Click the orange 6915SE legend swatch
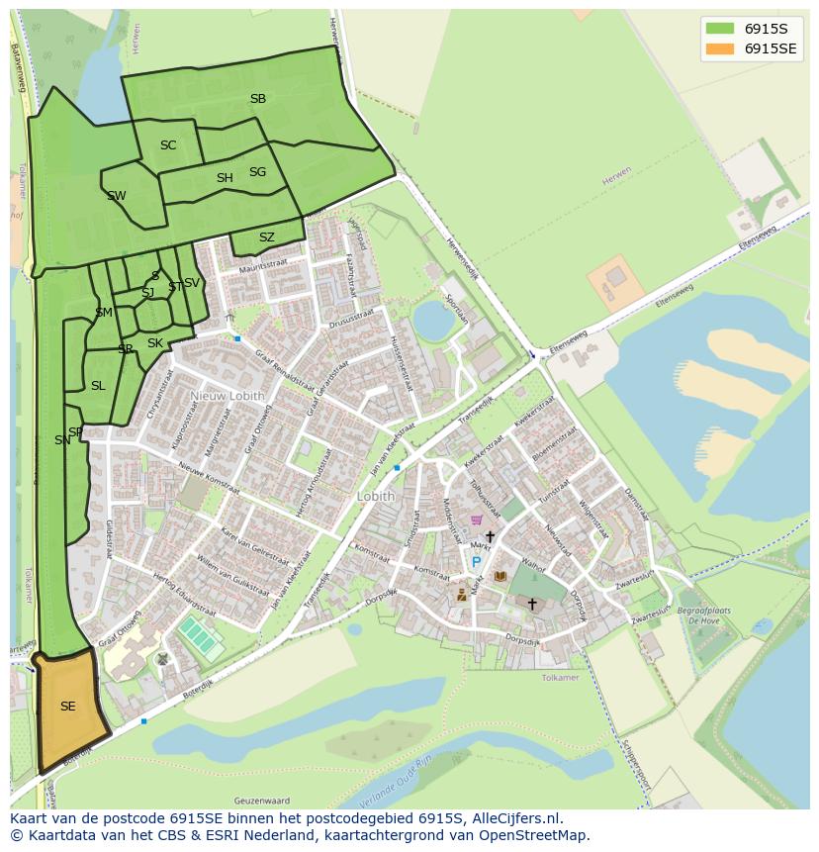720,49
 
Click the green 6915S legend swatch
720,28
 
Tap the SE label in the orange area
67,707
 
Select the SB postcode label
258,99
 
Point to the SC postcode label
168,145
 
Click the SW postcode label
117,196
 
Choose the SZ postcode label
267,237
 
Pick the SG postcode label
258,172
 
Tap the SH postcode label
225,178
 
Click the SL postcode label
98,386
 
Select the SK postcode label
155,343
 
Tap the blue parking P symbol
476,562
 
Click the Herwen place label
616,182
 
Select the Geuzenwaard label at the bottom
261,800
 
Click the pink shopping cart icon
477,520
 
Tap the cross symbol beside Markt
490,536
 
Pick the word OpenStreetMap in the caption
533,835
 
